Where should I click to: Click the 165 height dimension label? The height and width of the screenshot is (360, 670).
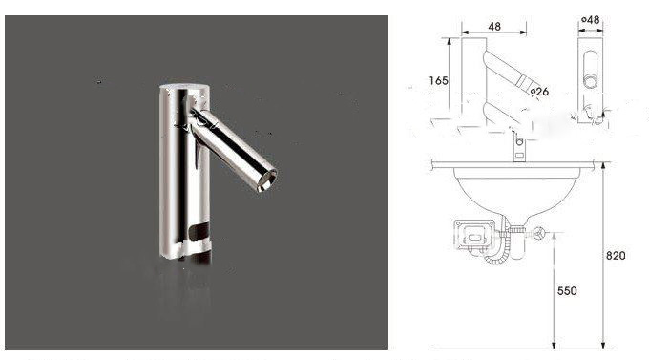438,80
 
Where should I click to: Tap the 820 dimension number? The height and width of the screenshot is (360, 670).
616,256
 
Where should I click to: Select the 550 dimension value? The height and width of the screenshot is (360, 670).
567,290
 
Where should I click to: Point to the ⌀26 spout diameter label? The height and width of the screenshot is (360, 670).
539,91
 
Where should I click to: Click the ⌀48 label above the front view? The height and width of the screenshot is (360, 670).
591,20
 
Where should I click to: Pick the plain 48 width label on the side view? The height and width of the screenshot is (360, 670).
494,27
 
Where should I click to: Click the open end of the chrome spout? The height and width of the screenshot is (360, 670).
266,180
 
